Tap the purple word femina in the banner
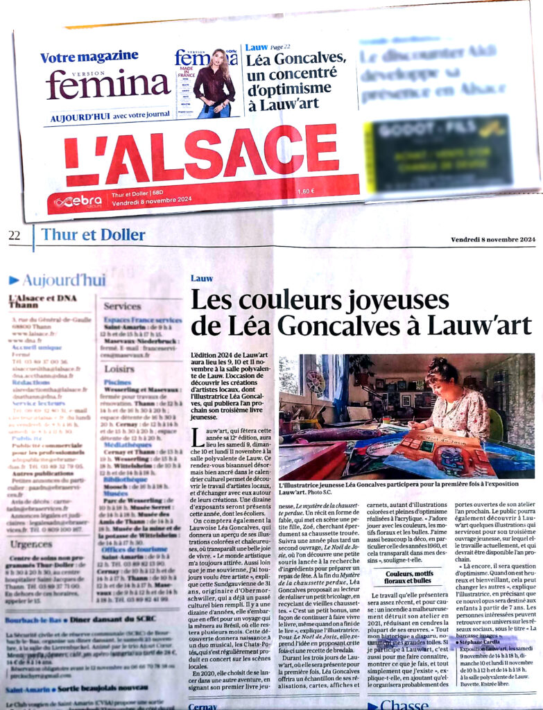click(98, 85)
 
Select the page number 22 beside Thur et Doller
click(15, 235)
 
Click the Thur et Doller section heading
click(93, 234)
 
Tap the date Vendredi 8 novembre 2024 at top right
click(493, 240)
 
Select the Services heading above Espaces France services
click(122, 306)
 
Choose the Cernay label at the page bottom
click(203, 706)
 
